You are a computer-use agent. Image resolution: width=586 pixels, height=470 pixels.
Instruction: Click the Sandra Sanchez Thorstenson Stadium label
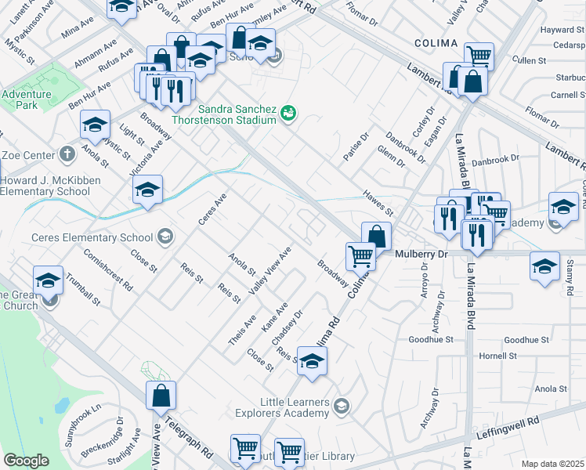click(x=237, y=114)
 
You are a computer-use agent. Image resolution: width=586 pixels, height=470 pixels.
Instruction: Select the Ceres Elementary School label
click(x=92, y=237)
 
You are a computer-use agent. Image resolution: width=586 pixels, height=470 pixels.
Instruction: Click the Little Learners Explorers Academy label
click(x=284, y=406)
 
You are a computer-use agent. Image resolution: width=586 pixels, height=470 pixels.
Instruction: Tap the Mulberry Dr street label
click(x=421, y=255)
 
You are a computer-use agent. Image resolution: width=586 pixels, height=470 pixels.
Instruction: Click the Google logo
click(x=26, y=461)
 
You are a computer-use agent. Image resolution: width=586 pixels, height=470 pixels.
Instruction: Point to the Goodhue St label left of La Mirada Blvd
click(x=431, y=340)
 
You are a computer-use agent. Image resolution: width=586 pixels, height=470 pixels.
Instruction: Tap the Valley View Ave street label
click(x=270, y=270)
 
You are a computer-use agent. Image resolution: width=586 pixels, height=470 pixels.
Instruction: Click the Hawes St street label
click(x=378, y=202)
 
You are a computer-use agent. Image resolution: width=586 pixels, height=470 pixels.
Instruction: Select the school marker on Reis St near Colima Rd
click(x=312, y=363)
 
